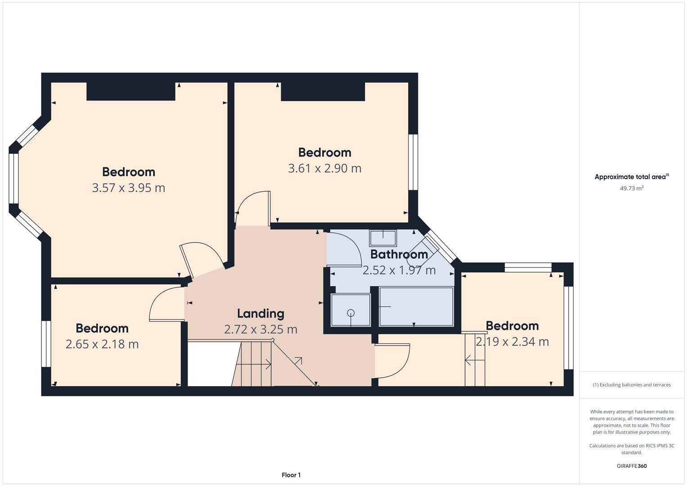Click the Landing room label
(x=260, y=314)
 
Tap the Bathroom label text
(x=399, y=254)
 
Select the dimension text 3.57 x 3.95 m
(x=129, y=188)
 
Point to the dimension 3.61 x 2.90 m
(x=324, y=168)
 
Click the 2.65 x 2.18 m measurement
(x=102, y=344)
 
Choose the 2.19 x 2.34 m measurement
(x=512, y=342)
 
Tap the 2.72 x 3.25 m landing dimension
(x=260, y=329)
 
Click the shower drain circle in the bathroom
(x=351, y=313)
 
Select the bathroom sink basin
(x=383, y=238)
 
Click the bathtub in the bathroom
(x=416, y=306)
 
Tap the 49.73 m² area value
(x=632, y=189)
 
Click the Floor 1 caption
(x=291, y=475)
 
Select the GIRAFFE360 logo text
(x=632, y=466)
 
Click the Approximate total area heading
(x=632, y=177)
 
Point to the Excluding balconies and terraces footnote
(x=632, y=385)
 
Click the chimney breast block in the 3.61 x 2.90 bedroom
(x=323, y=91)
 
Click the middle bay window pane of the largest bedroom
(x=14, y=178)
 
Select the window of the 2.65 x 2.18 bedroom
(x=46, y=344)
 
